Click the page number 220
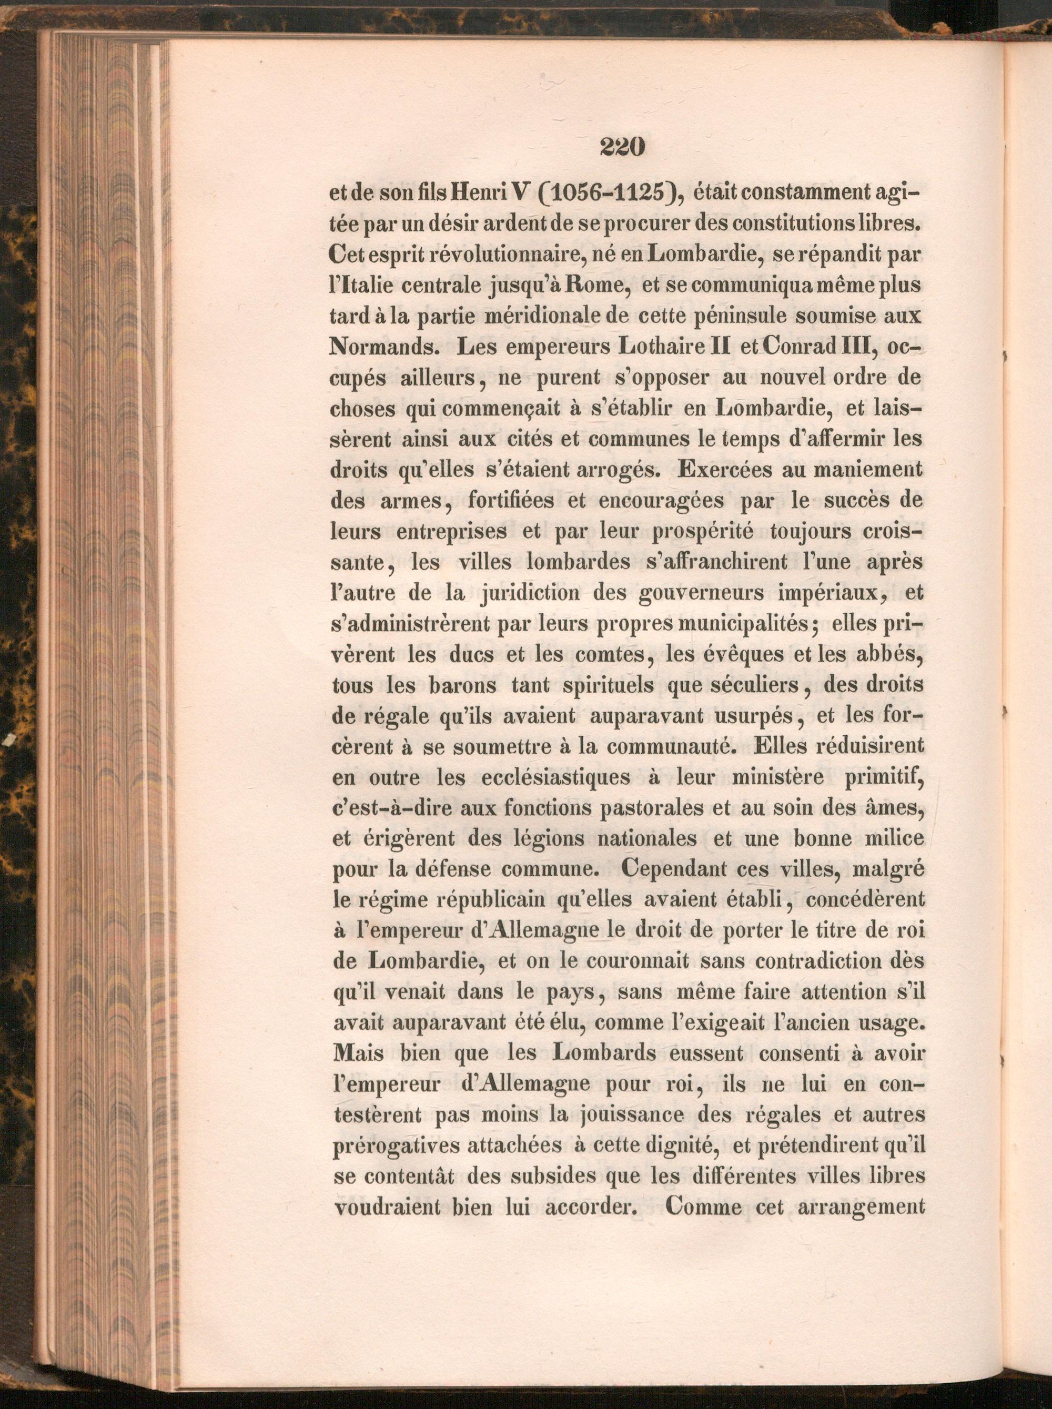tap(622, 147)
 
